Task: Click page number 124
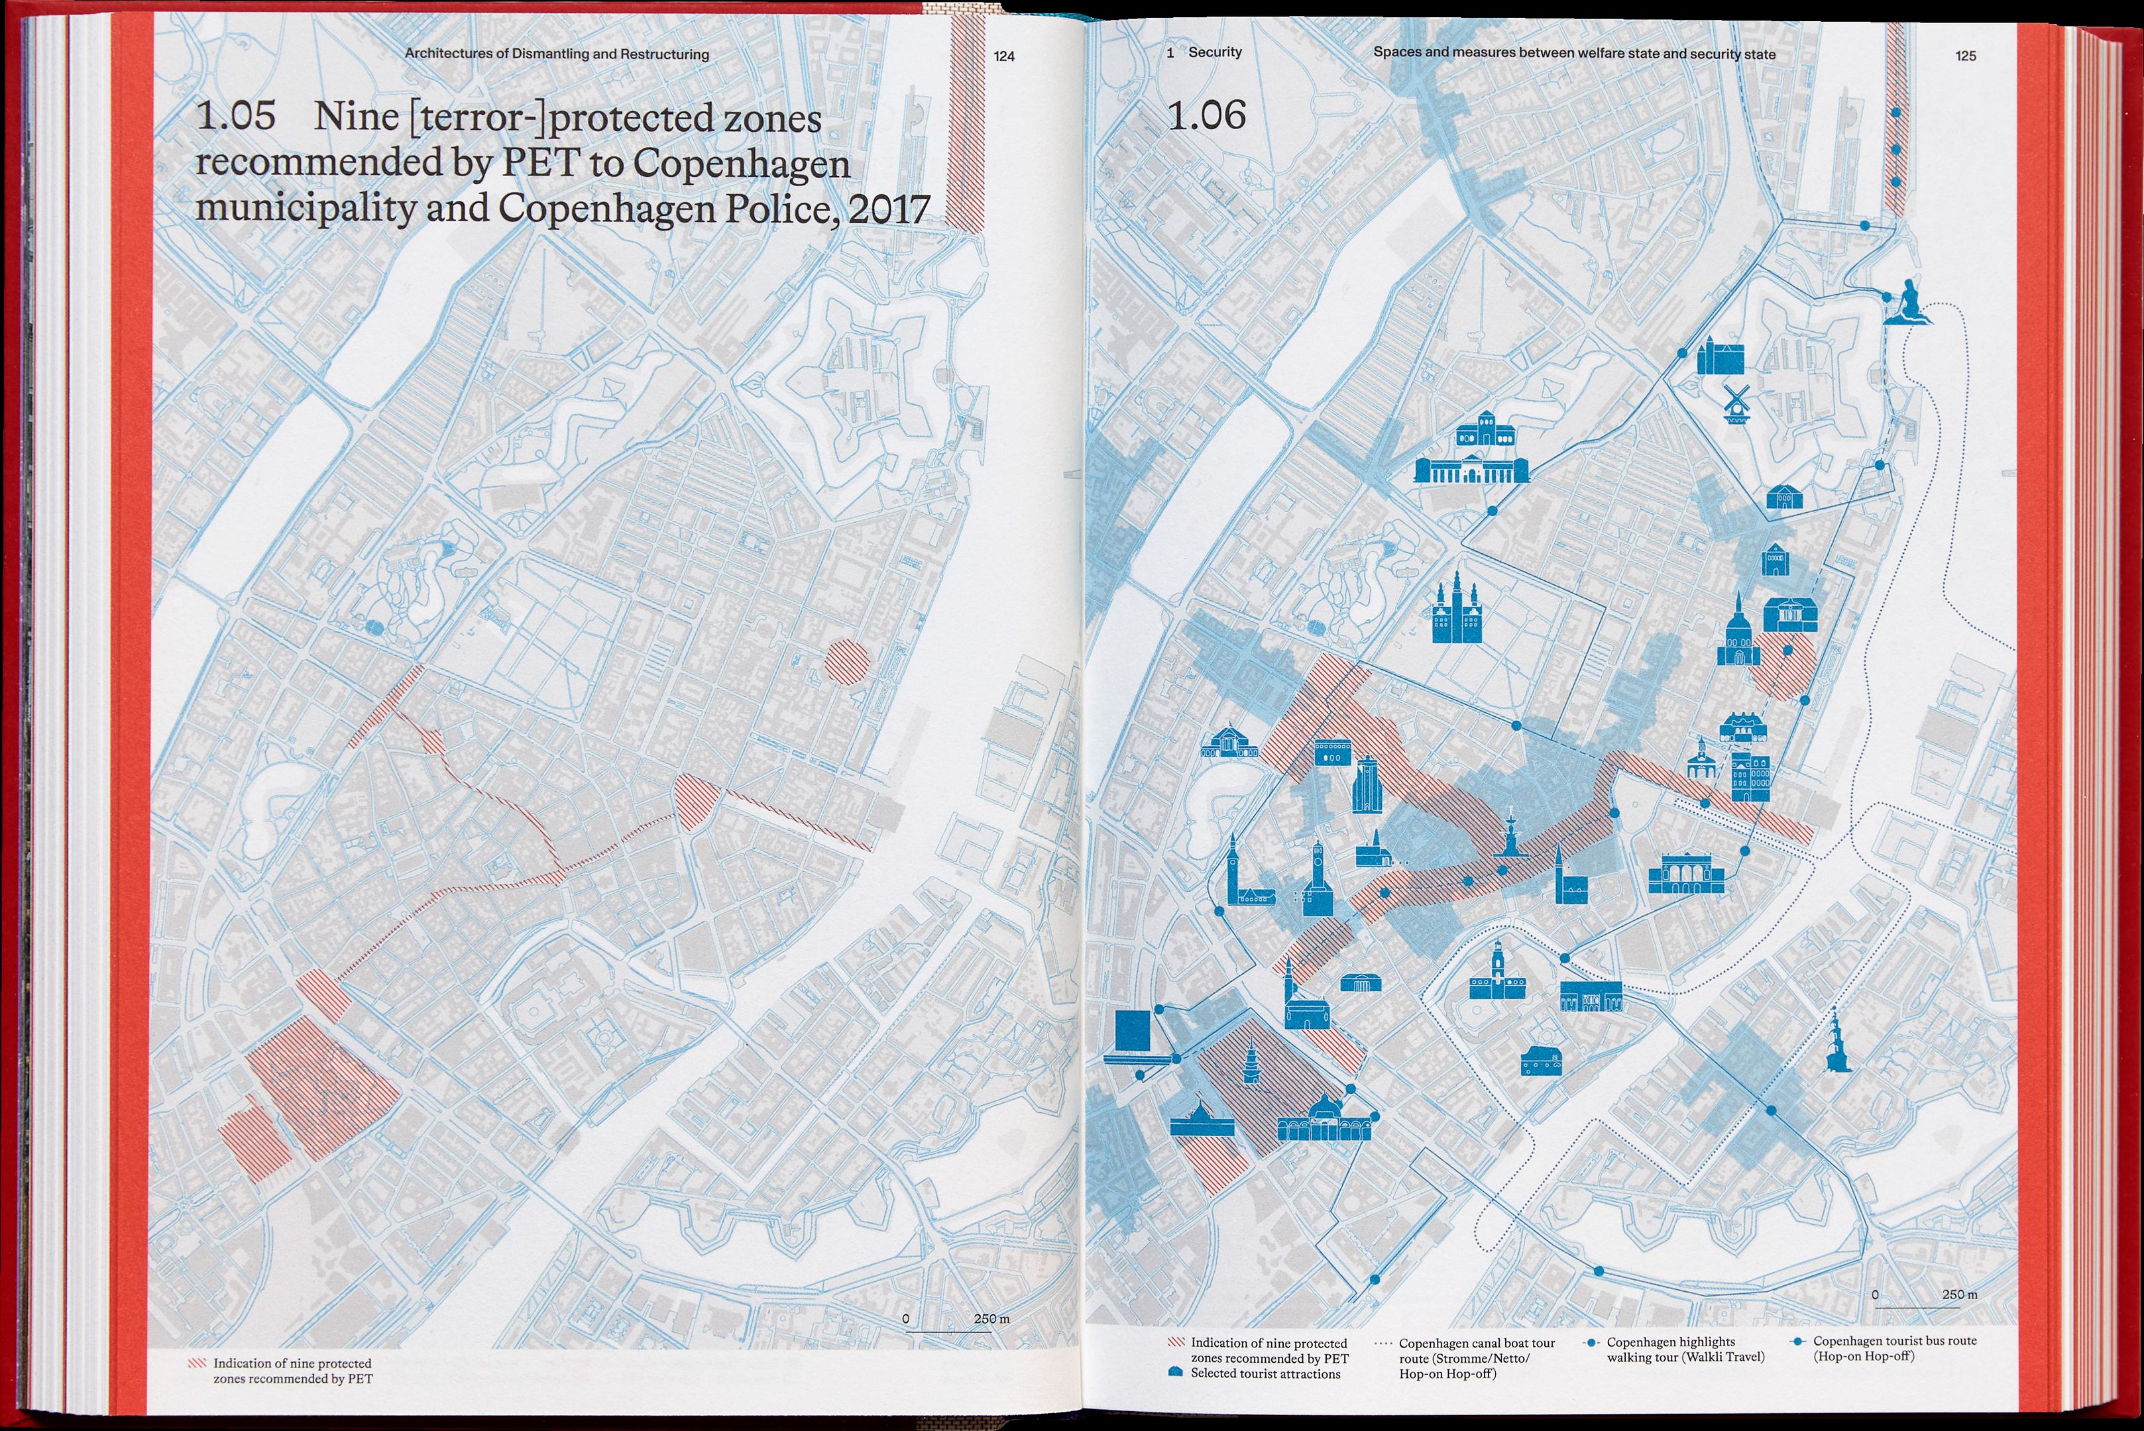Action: pyautogui.click(x=1004, y=56)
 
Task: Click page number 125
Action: pyautogui.click(x=1965, y=56)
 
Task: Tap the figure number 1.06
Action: pyautogui.click(x=1207, y=116)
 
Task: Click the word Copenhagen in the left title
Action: pyautogui.click(x=741, y=164)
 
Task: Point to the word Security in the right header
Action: pyautogui.click(x=1215, y=52)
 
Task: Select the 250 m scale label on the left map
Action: pyautogui.click(x=991, y=1319)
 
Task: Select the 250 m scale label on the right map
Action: pyautogui.click(x=1960, y=1294)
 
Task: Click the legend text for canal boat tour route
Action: pyautogui.click(x=1477, y=1358)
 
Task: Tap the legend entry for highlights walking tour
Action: pyautogui.click(x=1685, y=1349)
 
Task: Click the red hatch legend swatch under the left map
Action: pyautogui.click(x=196, y=1363)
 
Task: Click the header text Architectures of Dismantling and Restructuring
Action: pyautogui.click(x=557, y=54)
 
